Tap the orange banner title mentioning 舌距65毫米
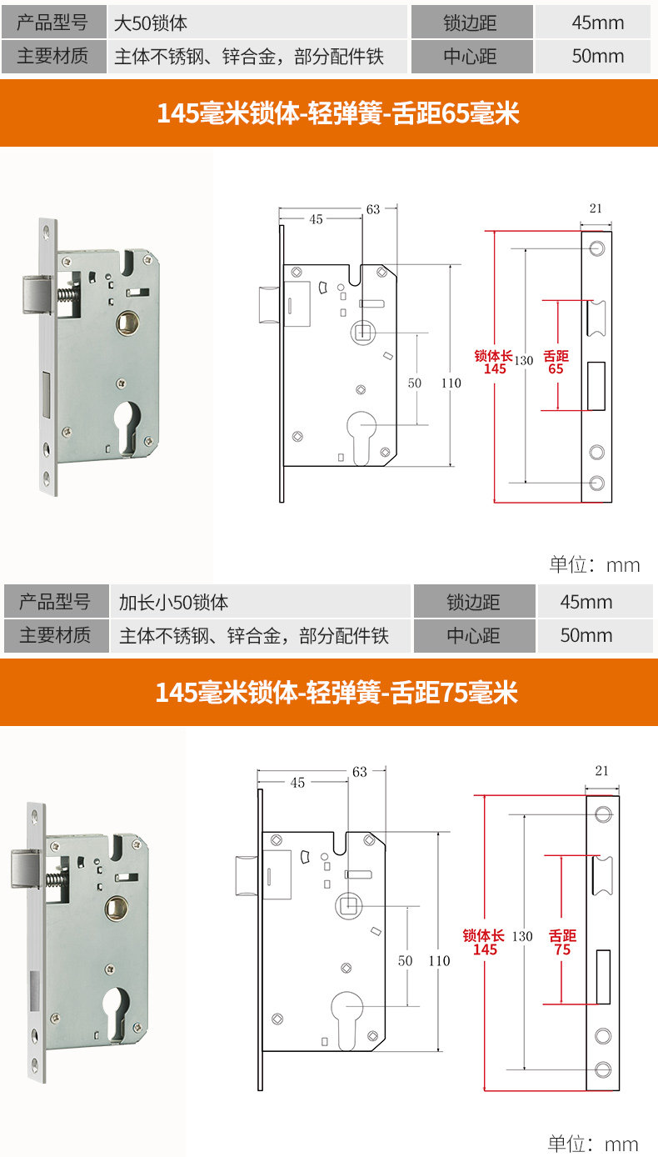(337, 113)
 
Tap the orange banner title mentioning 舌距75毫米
(336, 693)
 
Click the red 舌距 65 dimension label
(556, 362)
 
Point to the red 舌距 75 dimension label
(562, 943)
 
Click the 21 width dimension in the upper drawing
(596, 208)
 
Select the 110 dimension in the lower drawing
(439, 961)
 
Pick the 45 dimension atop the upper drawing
(316, 219)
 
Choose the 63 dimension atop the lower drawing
(360, 772)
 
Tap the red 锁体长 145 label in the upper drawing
(494, 362)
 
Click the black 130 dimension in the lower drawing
(522, 936)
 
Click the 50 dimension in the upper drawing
(415, 383)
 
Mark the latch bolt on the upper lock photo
(37, 294)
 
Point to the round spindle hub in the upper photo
(127, 323)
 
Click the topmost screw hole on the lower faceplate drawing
(603, 814)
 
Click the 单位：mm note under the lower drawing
(593, 1143)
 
